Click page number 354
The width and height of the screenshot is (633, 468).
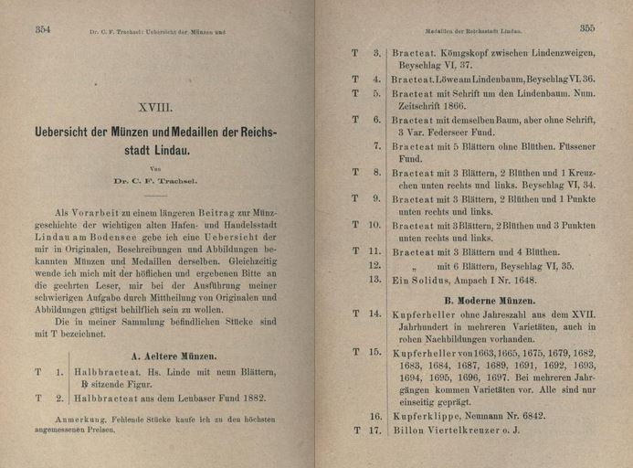(43, 30)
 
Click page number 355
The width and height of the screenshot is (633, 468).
(586, 28)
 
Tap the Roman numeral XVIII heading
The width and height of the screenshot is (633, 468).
(154, 107)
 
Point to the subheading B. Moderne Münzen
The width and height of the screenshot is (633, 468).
(490, 300)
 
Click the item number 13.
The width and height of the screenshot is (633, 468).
(375, 280)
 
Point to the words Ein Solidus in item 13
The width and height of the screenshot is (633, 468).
(422, 280)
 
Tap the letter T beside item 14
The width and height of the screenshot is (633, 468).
(354, 314)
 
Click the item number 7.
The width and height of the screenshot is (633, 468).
(377, 146)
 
